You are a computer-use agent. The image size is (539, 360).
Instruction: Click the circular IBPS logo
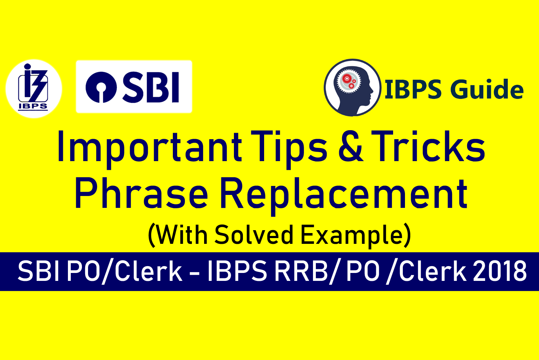tap(33, 88)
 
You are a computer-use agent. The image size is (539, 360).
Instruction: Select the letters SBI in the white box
tap(151, 87)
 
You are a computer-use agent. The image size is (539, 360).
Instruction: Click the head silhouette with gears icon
tap(353, 88)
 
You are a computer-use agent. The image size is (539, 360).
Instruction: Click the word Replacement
tap(343, 194)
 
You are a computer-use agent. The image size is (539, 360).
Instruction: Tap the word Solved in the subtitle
tap(254, 235)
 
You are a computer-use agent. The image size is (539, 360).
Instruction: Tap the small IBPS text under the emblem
tap(33, 106)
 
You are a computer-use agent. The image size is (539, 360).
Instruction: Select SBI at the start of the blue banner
tap(39, 272)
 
